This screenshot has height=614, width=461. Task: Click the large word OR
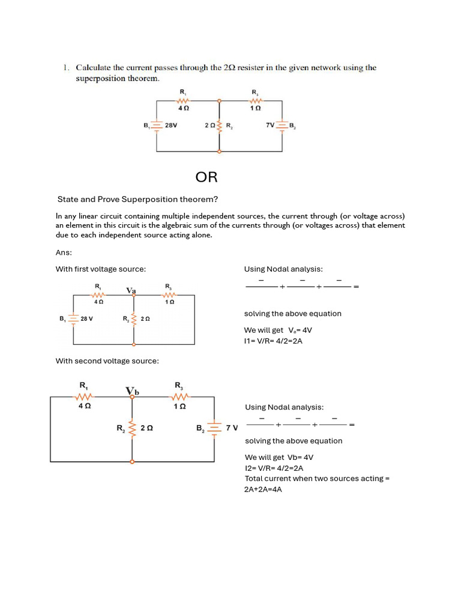point(206,177)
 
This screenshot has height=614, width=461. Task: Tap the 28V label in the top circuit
point(170,126)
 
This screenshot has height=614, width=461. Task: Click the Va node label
point(131,291)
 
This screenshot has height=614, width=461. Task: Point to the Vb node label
point(132,392)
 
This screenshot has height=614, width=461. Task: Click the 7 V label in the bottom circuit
point(232,428)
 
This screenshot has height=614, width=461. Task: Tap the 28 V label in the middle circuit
point(86,318)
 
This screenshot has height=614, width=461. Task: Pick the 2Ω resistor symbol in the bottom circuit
point(131,428)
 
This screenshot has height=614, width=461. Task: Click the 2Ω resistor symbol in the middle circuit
point(134,318)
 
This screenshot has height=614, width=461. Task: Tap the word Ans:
point(64,252)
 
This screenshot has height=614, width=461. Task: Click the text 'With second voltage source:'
point(107,360)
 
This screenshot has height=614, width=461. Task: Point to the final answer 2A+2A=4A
point(263,489)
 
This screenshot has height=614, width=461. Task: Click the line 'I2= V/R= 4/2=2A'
point(274,468)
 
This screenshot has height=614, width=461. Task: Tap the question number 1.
point(67,68)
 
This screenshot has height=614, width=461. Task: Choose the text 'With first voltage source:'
point(101,269)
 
